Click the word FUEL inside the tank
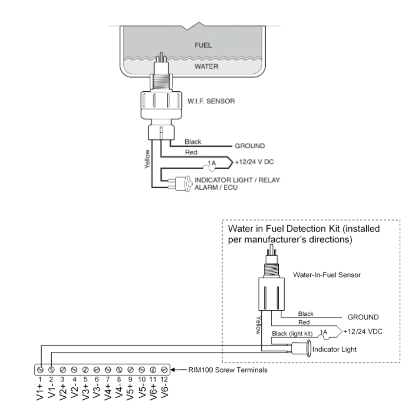203,45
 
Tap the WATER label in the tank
206,66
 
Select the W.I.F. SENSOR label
211,101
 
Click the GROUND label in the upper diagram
250,146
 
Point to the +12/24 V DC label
255,162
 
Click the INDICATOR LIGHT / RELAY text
237,180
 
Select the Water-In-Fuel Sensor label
327,275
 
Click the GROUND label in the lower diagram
363,317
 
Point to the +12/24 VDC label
363,331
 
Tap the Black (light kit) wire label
292,334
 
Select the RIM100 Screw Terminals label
228,370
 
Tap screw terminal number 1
40,370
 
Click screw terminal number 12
164,370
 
